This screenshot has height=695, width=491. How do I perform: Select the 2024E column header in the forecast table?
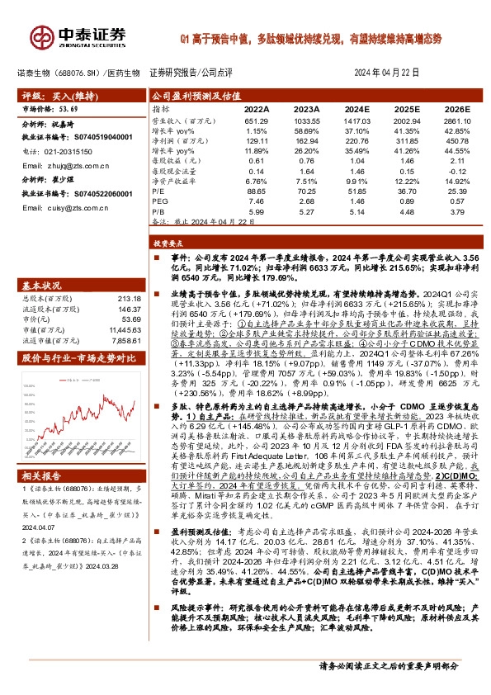click(x=359, y=108)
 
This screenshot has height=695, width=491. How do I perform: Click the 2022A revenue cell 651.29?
click(x=257, y=121)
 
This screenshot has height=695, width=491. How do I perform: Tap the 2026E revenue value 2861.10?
click(x=456, y=121)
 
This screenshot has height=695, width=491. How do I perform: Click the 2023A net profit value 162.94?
click(x=308, y=140)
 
